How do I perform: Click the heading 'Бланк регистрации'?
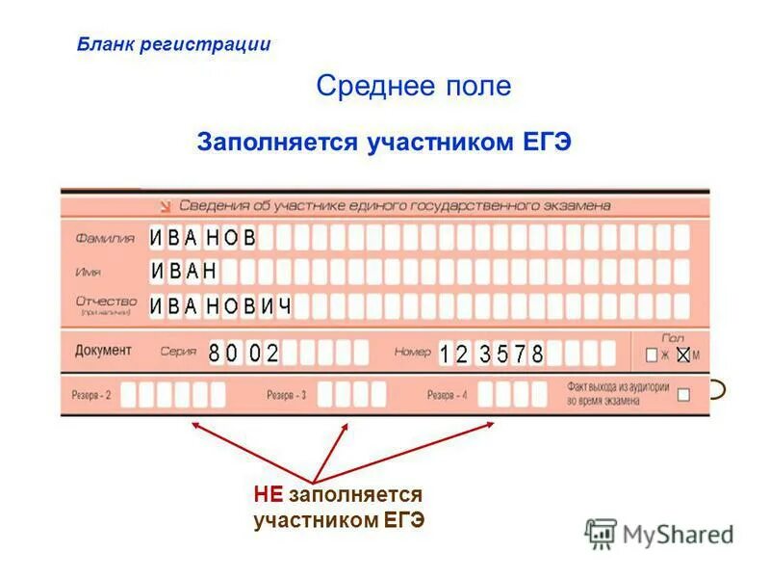tap(174, 44)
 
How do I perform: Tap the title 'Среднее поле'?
tap(413, 87)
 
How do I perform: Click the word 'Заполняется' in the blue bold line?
tap(277, 143)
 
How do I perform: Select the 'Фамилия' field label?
tap(105, 238)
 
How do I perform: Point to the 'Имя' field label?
tap(89, 273)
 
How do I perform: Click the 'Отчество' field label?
tap(106, 302)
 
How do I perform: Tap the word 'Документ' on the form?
tap(103, 351)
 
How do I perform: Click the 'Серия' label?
tap(180, 353)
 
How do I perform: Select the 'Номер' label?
tap(412, 353)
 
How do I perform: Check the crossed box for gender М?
tap(683, 355)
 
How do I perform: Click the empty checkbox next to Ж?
tap(652, 355)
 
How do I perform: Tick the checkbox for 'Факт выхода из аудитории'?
tap(683, 394)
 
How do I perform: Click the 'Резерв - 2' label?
tap(91, 395)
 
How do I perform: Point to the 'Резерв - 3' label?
tap(286, 395)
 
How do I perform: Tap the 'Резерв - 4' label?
tap(448, 395)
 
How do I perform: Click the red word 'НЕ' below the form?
tap(269, 495)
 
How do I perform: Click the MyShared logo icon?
tap(601, 533)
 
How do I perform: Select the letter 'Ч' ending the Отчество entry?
tap(284, 306)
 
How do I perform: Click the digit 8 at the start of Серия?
tap(214, 353)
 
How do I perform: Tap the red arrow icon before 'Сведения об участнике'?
tap(165, 205)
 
